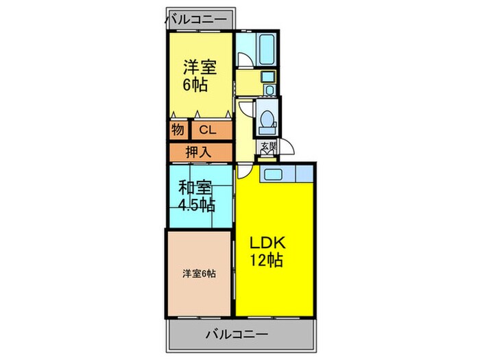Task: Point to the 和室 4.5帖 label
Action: click(x=195, y=195)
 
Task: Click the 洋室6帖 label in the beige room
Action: click(x=199, y=273)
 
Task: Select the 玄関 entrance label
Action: click(x=266, y=147)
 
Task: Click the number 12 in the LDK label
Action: click(x=259, y=261)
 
